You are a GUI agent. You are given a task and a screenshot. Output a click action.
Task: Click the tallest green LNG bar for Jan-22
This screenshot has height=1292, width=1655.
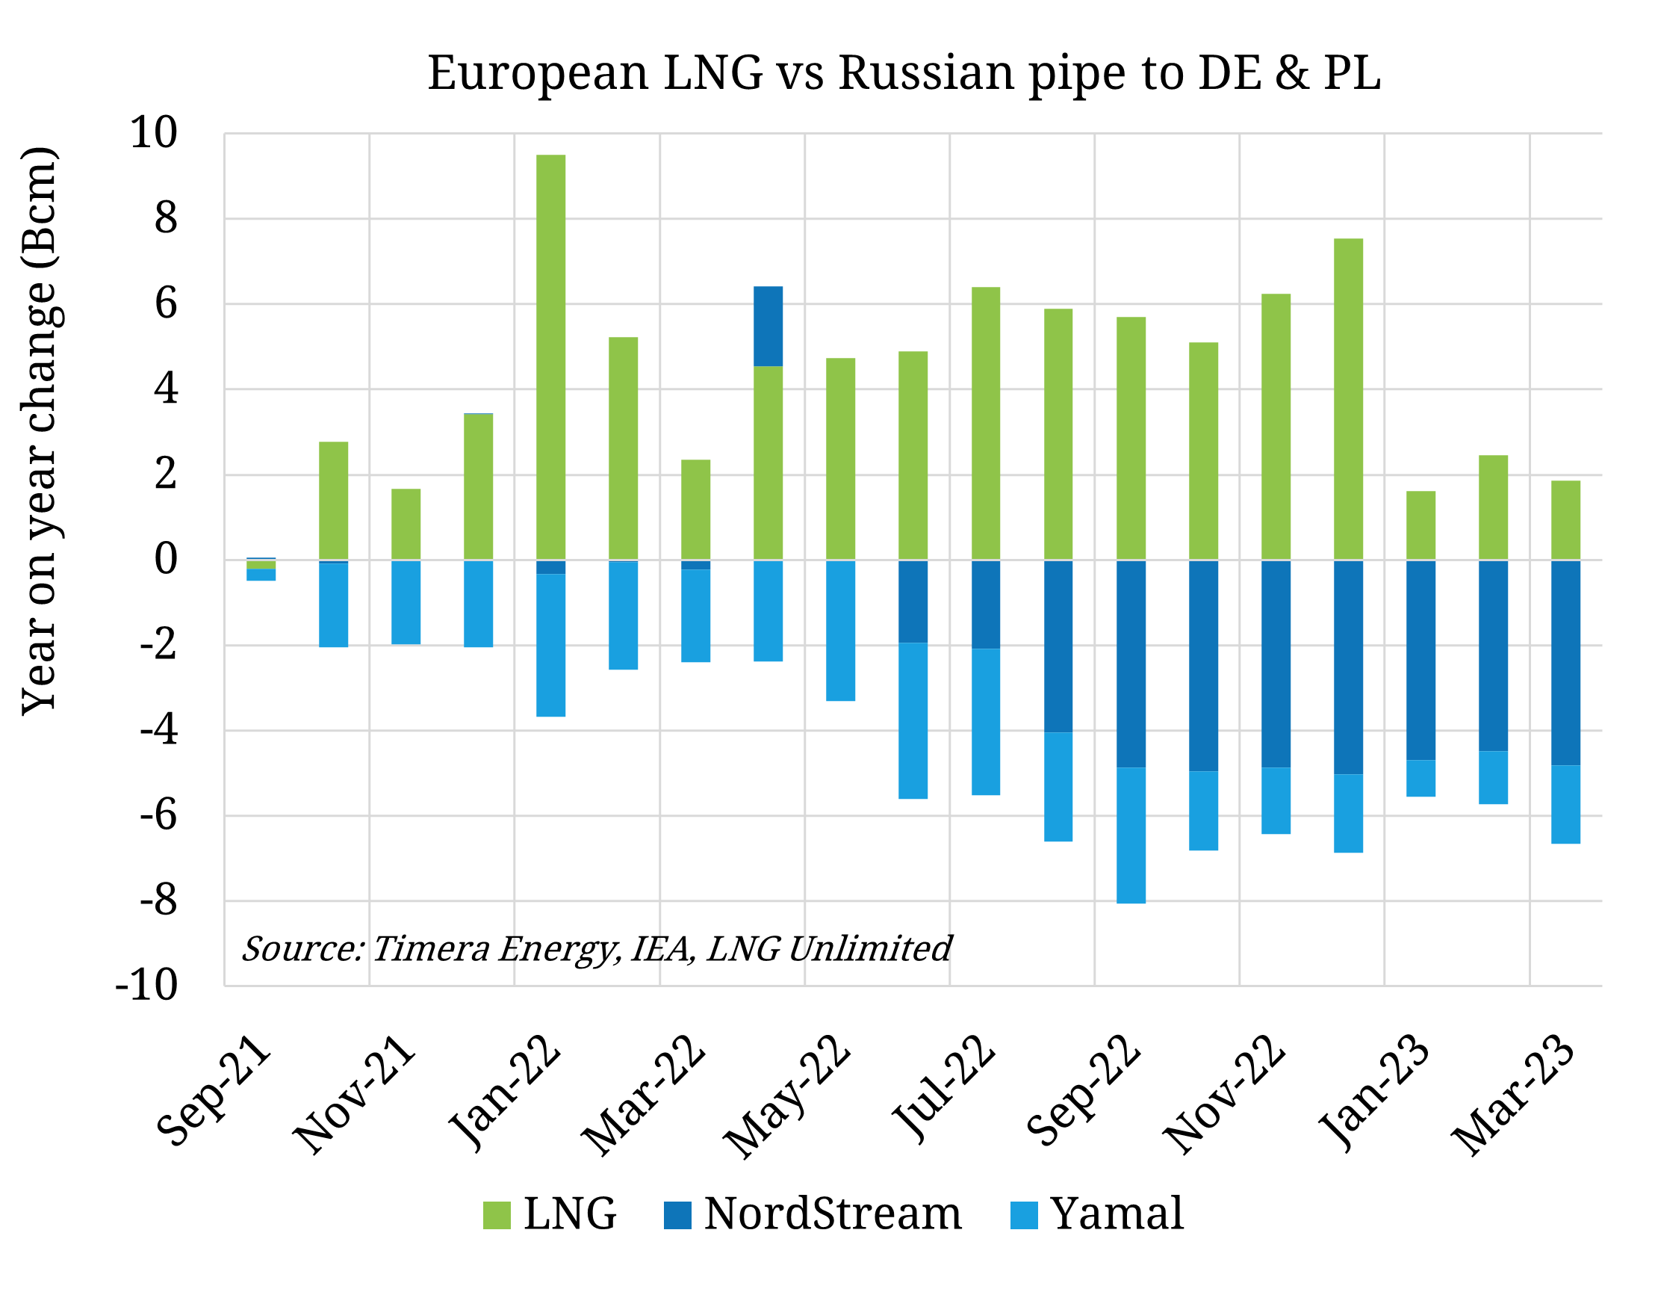tap(551, 356)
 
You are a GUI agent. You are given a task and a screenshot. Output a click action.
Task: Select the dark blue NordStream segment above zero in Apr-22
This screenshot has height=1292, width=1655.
tap(768, 326)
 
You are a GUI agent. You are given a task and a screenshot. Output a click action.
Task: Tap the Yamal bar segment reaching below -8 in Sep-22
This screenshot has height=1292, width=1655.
tap(1131, 835)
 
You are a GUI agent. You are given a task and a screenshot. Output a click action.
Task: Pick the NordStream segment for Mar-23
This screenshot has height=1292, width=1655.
tap(1565, 663)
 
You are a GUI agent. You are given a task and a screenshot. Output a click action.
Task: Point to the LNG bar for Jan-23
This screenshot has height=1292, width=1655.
tap(1420, 525)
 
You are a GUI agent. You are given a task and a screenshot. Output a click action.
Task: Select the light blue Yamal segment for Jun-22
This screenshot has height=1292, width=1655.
tap(913, 720)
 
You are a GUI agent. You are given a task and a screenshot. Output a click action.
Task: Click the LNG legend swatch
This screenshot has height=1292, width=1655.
tap(497, 1216)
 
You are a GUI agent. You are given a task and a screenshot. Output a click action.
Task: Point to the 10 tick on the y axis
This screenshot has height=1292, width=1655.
tap(154, 134)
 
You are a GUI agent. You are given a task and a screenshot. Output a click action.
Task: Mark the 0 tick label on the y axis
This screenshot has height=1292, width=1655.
tap(166, 560)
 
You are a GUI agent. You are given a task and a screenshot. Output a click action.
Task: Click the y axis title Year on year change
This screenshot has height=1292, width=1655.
tap(38, 430)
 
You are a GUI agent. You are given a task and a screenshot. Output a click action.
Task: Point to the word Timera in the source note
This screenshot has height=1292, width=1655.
tap(430, 948)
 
